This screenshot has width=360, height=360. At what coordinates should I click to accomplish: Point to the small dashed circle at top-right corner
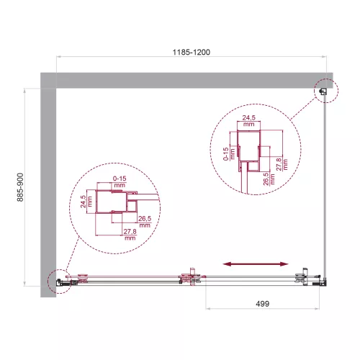(325, 91)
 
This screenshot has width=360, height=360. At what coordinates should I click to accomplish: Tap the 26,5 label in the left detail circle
(145, 220)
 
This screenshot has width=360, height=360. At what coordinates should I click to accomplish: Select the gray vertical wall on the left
(48, 180)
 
